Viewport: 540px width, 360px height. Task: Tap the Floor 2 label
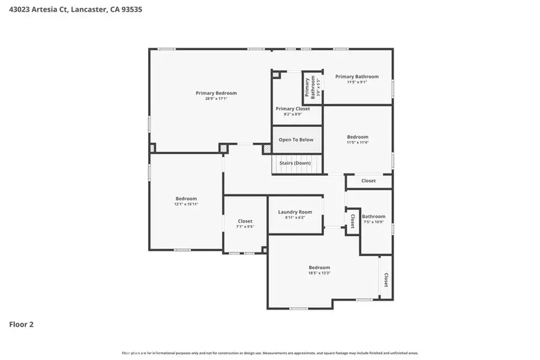click(x=21, y=325)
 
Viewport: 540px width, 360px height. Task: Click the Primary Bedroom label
click(x=216, y=93)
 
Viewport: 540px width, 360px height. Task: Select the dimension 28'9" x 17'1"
click(x=216, y=98)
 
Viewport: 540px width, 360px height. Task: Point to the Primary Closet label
click(x=293, y=109)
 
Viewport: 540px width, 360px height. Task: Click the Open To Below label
click(x=296, y=140)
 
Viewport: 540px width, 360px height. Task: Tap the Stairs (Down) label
click(x=295, y=163)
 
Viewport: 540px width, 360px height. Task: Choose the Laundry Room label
click(x=295, y=212)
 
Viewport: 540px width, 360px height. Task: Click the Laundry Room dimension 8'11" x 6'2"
click(x=295, y=217)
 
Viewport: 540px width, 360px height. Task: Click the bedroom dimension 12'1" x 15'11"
click(x=186, y=204)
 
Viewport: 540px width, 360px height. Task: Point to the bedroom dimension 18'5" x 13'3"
click(x=319, y=273)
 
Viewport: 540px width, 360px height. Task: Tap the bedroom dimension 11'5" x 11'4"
click(x=358, y=142)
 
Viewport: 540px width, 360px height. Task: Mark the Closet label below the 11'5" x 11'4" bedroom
click(x=368, y=181)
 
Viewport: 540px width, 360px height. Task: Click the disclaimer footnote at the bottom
click(x=270, y=353)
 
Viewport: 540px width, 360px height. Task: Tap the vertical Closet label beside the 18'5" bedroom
click(x=386, y=280)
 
